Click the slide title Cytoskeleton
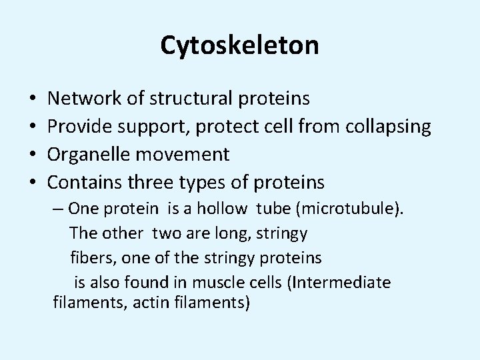click(239, 45)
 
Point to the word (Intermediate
click(338, 282)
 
